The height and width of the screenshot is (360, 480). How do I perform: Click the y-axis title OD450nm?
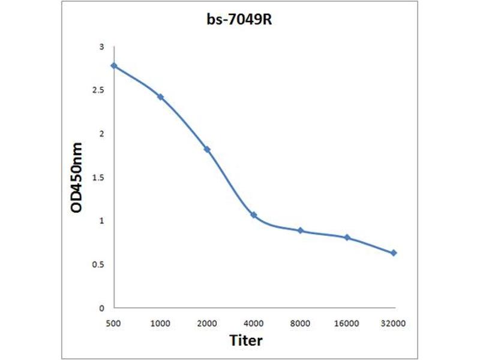(x=77, y=178)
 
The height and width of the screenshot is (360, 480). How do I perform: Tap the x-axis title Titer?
(x=246, y=341)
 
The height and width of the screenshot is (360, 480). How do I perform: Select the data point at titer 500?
(x=114, y=66)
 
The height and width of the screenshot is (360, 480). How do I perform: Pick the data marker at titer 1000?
(x=160, y=97)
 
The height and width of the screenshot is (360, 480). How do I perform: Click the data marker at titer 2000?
(x=207, y=149)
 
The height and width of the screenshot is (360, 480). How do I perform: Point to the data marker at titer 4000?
(x=254, y=215)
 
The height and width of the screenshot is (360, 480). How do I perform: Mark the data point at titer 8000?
(x=301, y=230)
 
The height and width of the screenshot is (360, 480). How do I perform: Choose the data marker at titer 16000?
(x=347, y=238)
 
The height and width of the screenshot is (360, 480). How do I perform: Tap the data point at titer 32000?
(x=394, y=253)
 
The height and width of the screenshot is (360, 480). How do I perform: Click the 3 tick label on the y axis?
(x=101, y=47)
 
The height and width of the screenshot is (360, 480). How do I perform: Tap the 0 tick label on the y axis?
(x=101, y=308)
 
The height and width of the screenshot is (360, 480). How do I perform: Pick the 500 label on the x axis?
(x=114, y=323)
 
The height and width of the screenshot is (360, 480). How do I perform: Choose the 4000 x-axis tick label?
(x=254, y=323)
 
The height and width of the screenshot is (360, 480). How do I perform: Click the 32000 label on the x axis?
(x=394, y=323)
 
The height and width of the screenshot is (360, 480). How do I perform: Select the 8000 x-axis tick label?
(x=301, y=323)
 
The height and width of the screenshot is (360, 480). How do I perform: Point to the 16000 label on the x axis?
(x=347, y=323)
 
